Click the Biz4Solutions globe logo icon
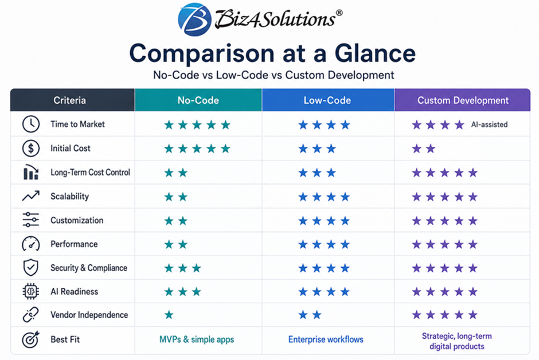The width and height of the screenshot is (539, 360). [194, 19]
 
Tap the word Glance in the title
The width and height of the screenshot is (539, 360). [375, 53]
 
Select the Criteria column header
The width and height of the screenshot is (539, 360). [70, 100]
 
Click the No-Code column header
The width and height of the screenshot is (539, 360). [198, 100]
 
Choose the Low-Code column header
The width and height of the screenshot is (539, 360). [327, 100]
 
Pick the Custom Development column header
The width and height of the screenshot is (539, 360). [463, 100]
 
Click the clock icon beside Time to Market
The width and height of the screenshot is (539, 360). [31, 124]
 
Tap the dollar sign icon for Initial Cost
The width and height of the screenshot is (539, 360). [31, 148]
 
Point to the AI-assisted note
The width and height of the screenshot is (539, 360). [489, 124]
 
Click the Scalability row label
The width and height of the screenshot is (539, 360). [70, 196]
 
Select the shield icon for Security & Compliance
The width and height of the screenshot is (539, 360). [30, 268]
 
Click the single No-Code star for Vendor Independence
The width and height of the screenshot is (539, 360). [169, 315]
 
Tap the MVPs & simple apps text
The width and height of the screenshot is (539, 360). [197, 339]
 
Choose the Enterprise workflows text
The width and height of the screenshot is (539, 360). [326, 339]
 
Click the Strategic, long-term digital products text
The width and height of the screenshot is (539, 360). [457, 341]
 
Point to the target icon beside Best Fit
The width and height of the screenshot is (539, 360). [31, 340]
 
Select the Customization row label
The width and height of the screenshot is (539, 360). [77, 220]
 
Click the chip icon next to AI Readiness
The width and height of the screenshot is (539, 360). [30, 292]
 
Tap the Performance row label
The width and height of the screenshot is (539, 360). [74, 244]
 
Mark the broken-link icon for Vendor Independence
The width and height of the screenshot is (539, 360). [30, 315]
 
